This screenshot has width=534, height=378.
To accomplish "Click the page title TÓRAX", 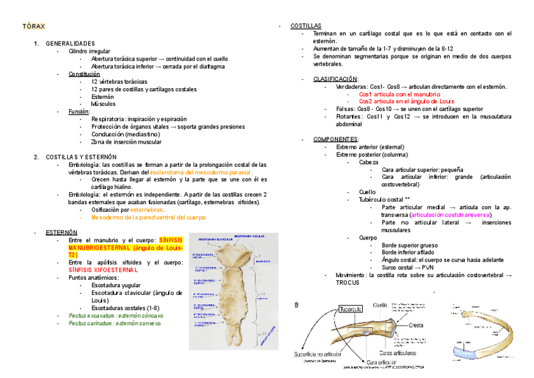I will (34, 28).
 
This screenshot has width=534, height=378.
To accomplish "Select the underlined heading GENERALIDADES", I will (70, 43).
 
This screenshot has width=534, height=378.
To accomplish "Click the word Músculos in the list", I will (103, 104).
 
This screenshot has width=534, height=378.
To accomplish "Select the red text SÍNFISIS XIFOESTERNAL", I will (103, 270).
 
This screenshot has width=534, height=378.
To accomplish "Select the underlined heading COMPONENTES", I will (335, 139).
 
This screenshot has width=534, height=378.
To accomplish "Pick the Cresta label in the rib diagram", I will (415, 325).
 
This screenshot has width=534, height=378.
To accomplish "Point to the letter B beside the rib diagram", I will (297, 305).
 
